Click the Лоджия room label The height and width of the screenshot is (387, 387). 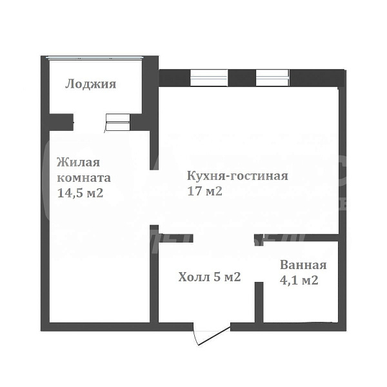point(90,84)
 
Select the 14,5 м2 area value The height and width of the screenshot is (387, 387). point(80,193)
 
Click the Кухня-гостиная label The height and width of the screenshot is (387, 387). point(237,175)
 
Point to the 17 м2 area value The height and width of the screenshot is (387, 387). point(204,192)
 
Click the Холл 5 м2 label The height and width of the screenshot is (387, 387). point(209,277)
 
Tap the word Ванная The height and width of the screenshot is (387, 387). point(303,265)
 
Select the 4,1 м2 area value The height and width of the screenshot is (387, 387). point(299,281)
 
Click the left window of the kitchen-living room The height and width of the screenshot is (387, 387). point(208,77)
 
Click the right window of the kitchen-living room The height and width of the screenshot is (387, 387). point(273,77)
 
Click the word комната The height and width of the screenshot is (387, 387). point(84,177)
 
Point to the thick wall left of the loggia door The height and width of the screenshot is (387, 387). point(62,119)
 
